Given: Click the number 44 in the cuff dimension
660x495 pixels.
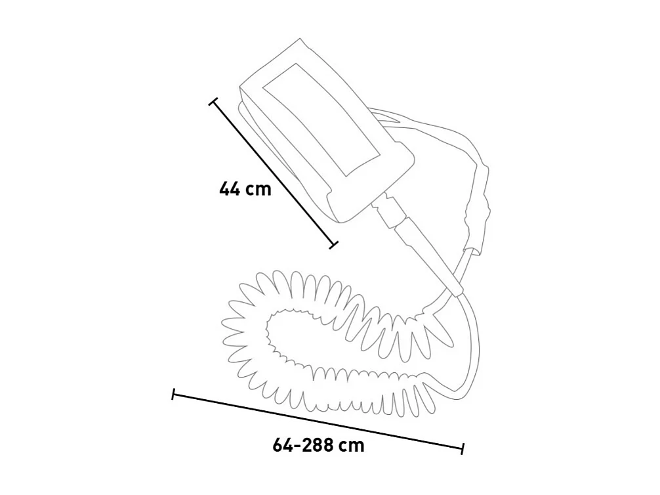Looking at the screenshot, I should [230, 189].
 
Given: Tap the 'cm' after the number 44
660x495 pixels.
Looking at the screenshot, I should [258, 190].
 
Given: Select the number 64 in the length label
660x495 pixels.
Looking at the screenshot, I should [283, 445].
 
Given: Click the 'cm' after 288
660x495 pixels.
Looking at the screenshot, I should [352, 445].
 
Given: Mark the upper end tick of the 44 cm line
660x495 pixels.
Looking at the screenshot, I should [213, 102].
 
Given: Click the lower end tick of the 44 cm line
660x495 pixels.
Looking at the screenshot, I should [333, 246].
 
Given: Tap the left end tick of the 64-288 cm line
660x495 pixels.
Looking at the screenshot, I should [173, 395].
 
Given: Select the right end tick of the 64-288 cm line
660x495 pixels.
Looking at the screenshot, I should [463, 449].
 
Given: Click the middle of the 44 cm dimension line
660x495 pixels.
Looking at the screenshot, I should [273, 174].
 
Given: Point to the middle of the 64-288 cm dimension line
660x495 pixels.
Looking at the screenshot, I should [318, 422].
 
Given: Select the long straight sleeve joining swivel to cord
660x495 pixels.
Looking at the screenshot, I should [426, 256].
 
